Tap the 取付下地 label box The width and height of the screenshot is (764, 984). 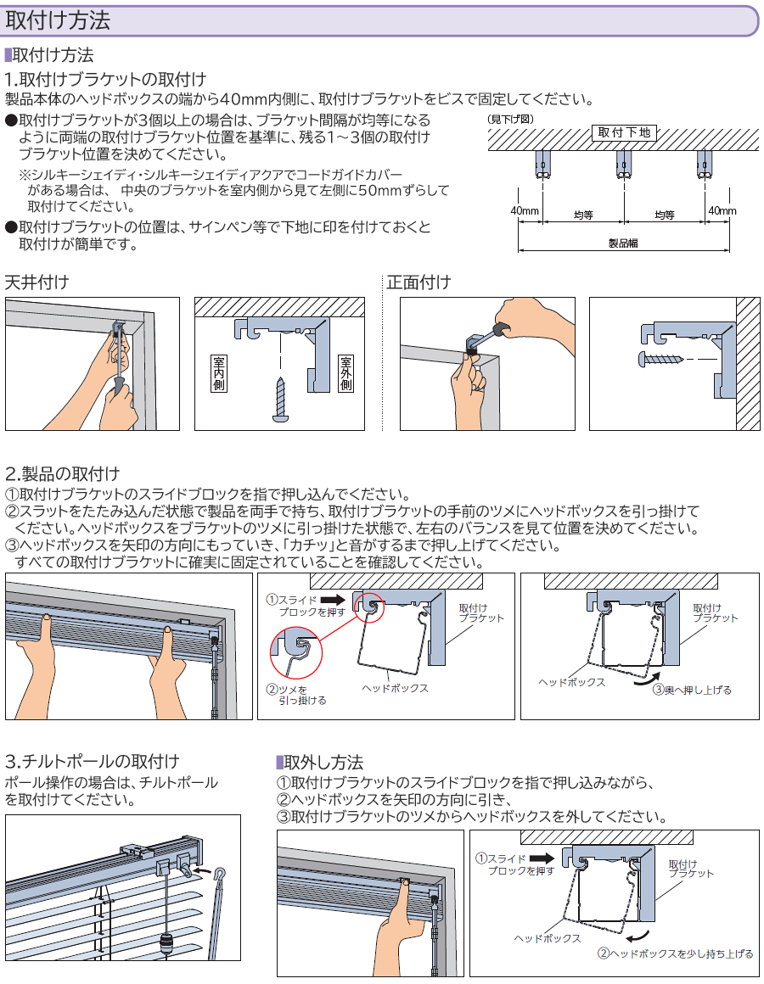point(624,132)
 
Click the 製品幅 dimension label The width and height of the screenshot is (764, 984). point(624,243)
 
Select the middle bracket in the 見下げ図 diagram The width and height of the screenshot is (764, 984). point(624,164)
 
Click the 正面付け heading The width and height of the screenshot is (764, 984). point(419,282)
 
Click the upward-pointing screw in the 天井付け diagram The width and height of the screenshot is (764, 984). point(279,400)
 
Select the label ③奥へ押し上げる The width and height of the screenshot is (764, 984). point(692,690)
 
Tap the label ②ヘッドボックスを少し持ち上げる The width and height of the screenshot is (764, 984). point(676,953)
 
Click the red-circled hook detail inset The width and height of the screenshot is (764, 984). point(298,652)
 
